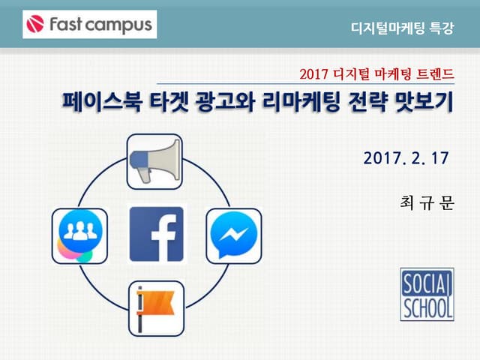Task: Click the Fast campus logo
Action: (x=89, y=25)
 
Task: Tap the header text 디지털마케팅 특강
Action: (x=402, y=28)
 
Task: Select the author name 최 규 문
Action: (x=427, y=203)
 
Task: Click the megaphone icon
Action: (x=155, y=160)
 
